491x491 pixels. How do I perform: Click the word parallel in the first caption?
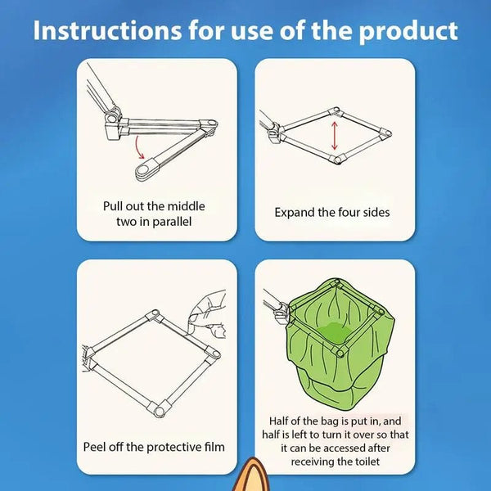[x=169, y=223]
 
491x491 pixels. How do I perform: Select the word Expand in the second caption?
[x=293, y=212]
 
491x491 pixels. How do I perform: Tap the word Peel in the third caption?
[x=97, y=447]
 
